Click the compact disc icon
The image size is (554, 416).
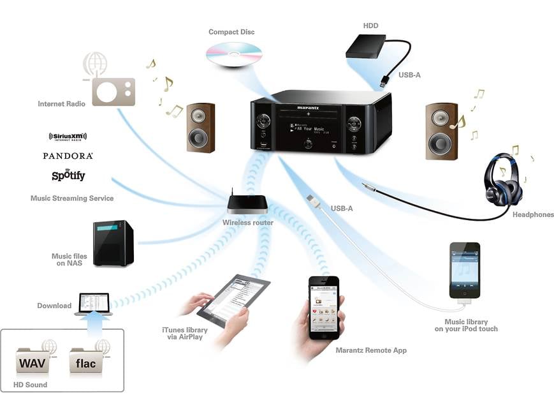tap(233, 54)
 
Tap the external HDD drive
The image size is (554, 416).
tap(367, 47)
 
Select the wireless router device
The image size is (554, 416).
tap(247, 204)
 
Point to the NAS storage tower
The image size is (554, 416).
tap(113, 243)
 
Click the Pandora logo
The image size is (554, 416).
tap(68, 156)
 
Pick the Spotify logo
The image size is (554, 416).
tap(68, 175)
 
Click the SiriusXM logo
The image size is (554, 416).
tap(68, 137)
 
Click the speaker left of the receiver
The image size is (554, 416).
tap(200, 128)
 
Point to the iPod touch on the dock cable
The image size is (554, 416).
tap(464, 270)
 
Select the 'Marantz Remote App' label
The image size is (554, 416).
tap(371, 350)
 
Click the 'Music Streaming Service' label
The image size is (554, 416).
tap(72, 198)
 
